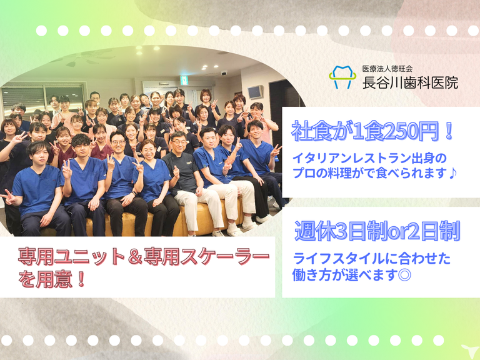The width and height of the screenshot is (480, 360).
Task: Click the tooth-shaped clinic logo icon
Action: click(342, 77)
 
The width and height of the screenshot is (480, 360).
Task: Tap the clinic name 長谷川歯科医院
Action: click(410, 82)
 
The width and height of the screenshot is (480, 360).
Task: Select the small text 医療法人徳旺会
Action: click(387, 69)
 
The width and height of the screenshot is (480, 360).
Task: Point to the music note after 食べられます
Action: click(452, 173)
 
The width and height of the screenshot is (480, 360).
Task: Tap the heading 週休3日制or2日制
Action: click(377, 231)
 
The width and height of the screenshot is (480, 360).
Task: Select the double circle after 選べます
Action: click(405, 274)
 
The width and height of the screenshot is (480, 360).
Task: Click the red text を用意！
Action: click(51, 279)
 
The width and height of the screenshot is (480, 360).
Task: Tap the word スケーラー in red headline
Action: click(224, 257)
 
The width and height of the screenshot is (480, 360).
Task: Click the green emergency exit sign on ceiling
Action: click(184, 80)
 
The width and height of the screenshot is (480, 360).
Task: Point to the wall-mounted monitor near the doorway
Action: click(255, 91)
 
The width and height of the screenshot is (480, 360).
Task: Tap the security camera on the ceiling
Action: click(224, 73)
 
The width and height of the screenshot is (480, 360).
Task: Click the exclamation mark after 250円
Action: click(449, 131)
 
